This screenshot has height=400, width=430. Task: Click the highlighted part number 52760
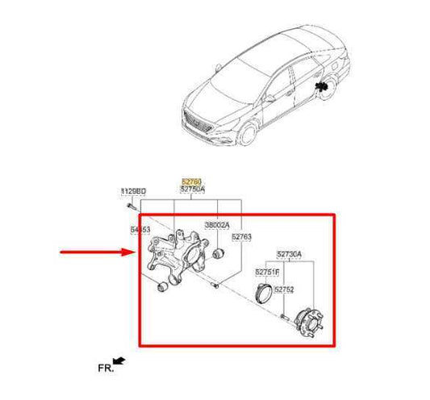click(x=190, y=183)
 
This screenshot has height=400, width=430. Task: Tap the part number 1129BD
click(x=133, y=191)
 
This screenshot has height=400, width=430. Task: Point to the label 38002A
click(x=217, y=225)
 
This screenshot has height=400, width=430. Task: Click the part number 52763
click(x=242, y=237)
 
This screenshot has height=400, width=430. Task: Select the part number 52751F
click(x=268, y=272)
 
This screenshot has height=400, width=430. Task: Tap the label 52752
click(x=284, y=289)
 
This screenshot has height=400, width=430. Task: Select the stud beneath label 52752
click(x=285, y=315)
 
